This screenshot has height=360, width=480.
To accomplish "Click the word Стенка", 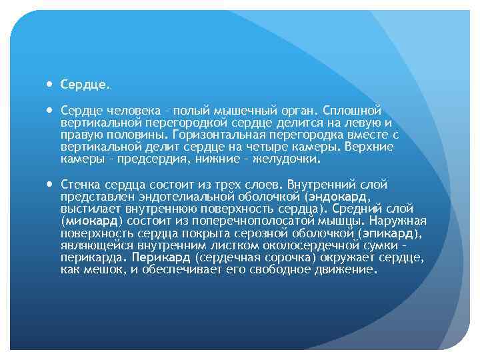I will (78, 184).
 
